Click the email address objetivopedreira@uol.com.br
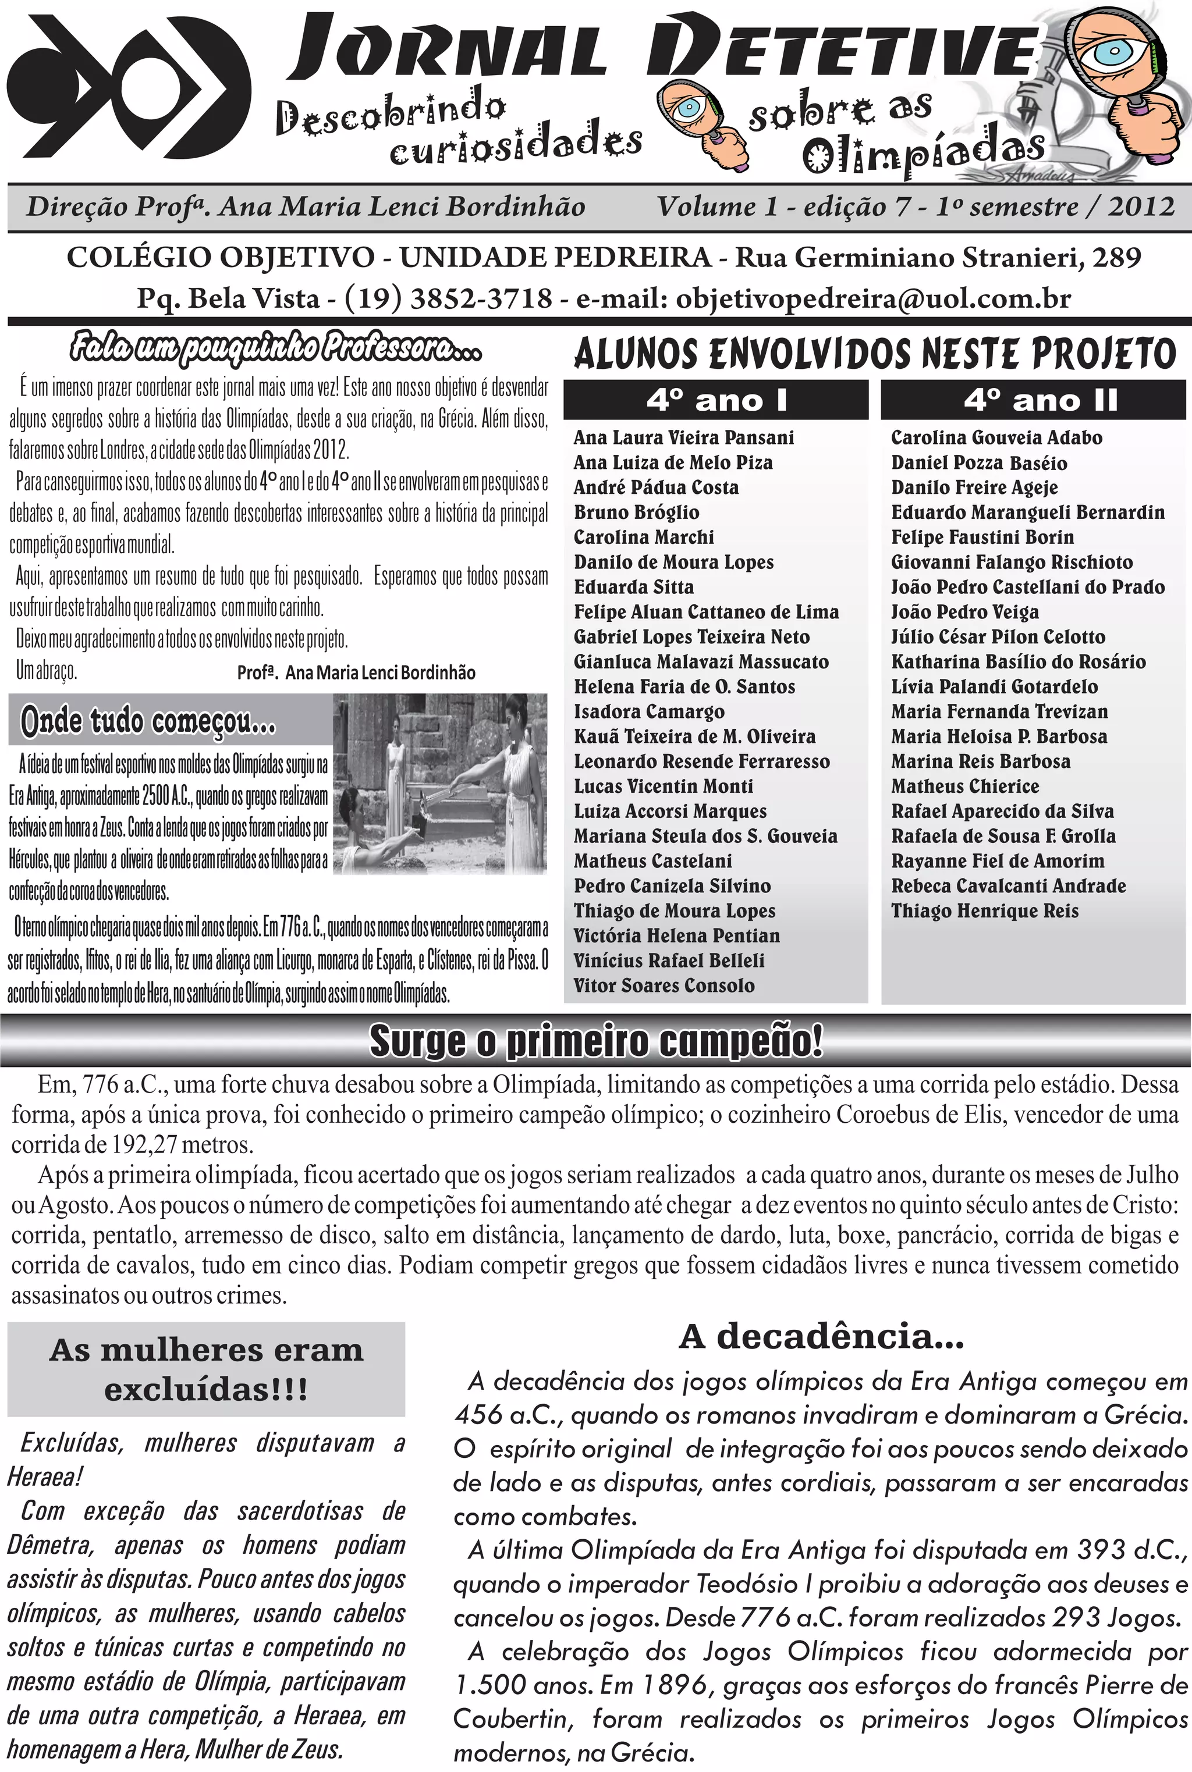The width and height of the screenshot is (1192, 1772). point(872,298)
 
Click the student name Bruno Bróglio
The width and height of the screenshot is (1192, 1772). point(636,513)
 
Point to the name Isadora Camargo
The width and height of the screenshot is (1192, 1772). point(648,712)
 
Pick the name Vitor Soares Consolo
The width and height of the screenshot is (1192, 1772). point(664,986)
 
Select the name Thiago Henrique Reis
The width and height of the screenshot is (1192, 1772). point(984,911)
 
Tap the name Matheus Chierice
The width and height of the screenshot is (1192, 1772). point(964,787)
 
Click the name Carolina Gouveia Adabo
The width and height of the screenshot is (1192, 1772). point(996,437)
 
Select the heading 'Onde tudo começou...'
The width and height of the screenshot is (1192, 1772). point(148,722)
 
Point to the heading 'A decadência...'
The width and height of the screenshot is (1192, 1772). point(821,1357)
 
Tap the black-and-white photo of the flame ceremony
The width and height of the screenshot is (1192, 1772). point(441,784)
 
